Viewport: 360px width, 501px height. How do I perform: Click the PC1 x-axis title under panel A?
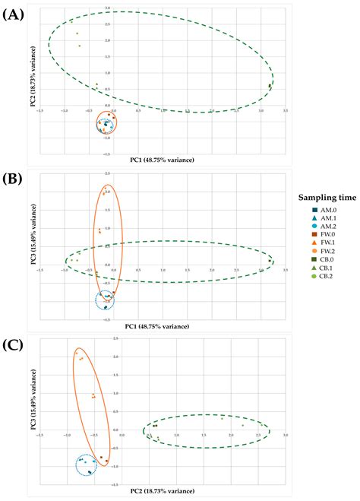pyautogui.click(x=162, y=160)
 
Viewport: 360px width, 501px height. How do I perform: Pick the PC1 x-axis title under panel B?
pyautogui.click(x=162, y=325)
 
